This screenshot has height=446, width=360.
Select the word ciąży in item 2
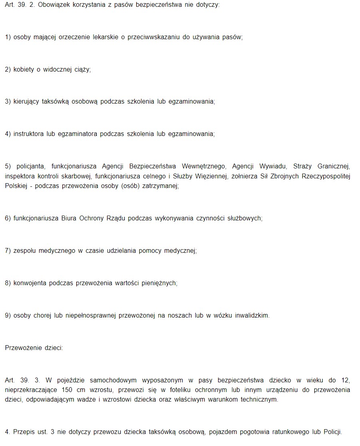[82, 70]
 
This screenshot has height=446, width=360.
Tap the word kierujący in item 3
[26, 102]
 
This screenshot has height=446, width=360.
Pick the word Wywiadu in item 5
[272, 166]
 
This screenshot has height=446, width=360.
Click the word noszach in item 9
[179, 315]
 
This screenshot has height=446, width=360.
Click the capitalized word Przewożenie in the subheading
[22, 348]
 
